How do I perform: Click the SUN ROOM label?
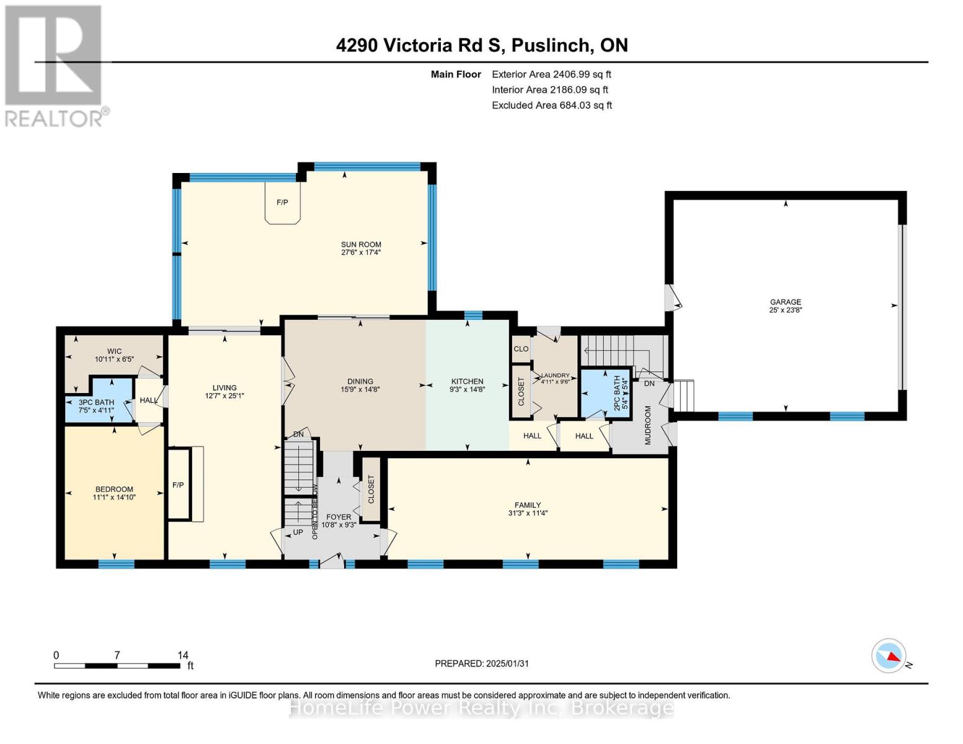pos(361,244)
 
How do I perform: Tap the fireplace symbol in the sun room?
pos(282,203)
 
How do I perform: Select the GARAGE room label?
pos(786,302)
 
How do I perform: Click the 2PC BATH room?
pos(605,393)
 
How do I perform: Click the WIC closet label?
pos(114,351)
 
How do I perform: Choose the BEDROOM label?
pos(114,489)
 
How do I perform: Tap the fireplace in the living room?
pos(178,484)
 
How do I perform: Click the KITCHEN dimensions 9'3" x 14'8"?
pos(467,390)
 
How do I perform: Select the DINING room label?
pos(360,381)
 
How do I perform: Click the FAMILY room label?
pos(528,505)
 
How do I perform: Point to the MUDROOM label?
pos(648,425)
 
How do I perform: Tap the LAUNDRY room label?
pos(555,375)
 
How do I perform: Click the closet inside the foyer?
pos(371,489)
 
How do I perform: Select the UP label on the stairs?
pos(298,532)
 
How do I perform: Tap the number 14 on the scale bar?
pos(182,655)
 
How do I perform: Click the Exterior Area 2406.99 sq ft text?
pos(551,74)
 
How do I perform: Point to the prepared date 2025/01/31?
pos(482,663)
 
